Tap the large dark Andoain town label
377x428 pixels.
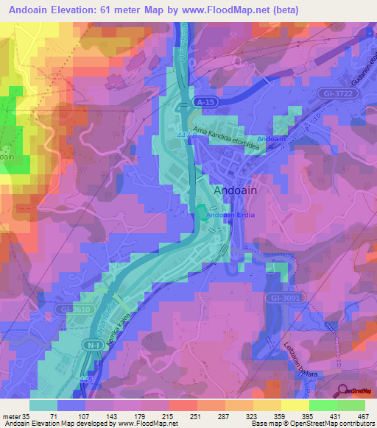tap(239, 190)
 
